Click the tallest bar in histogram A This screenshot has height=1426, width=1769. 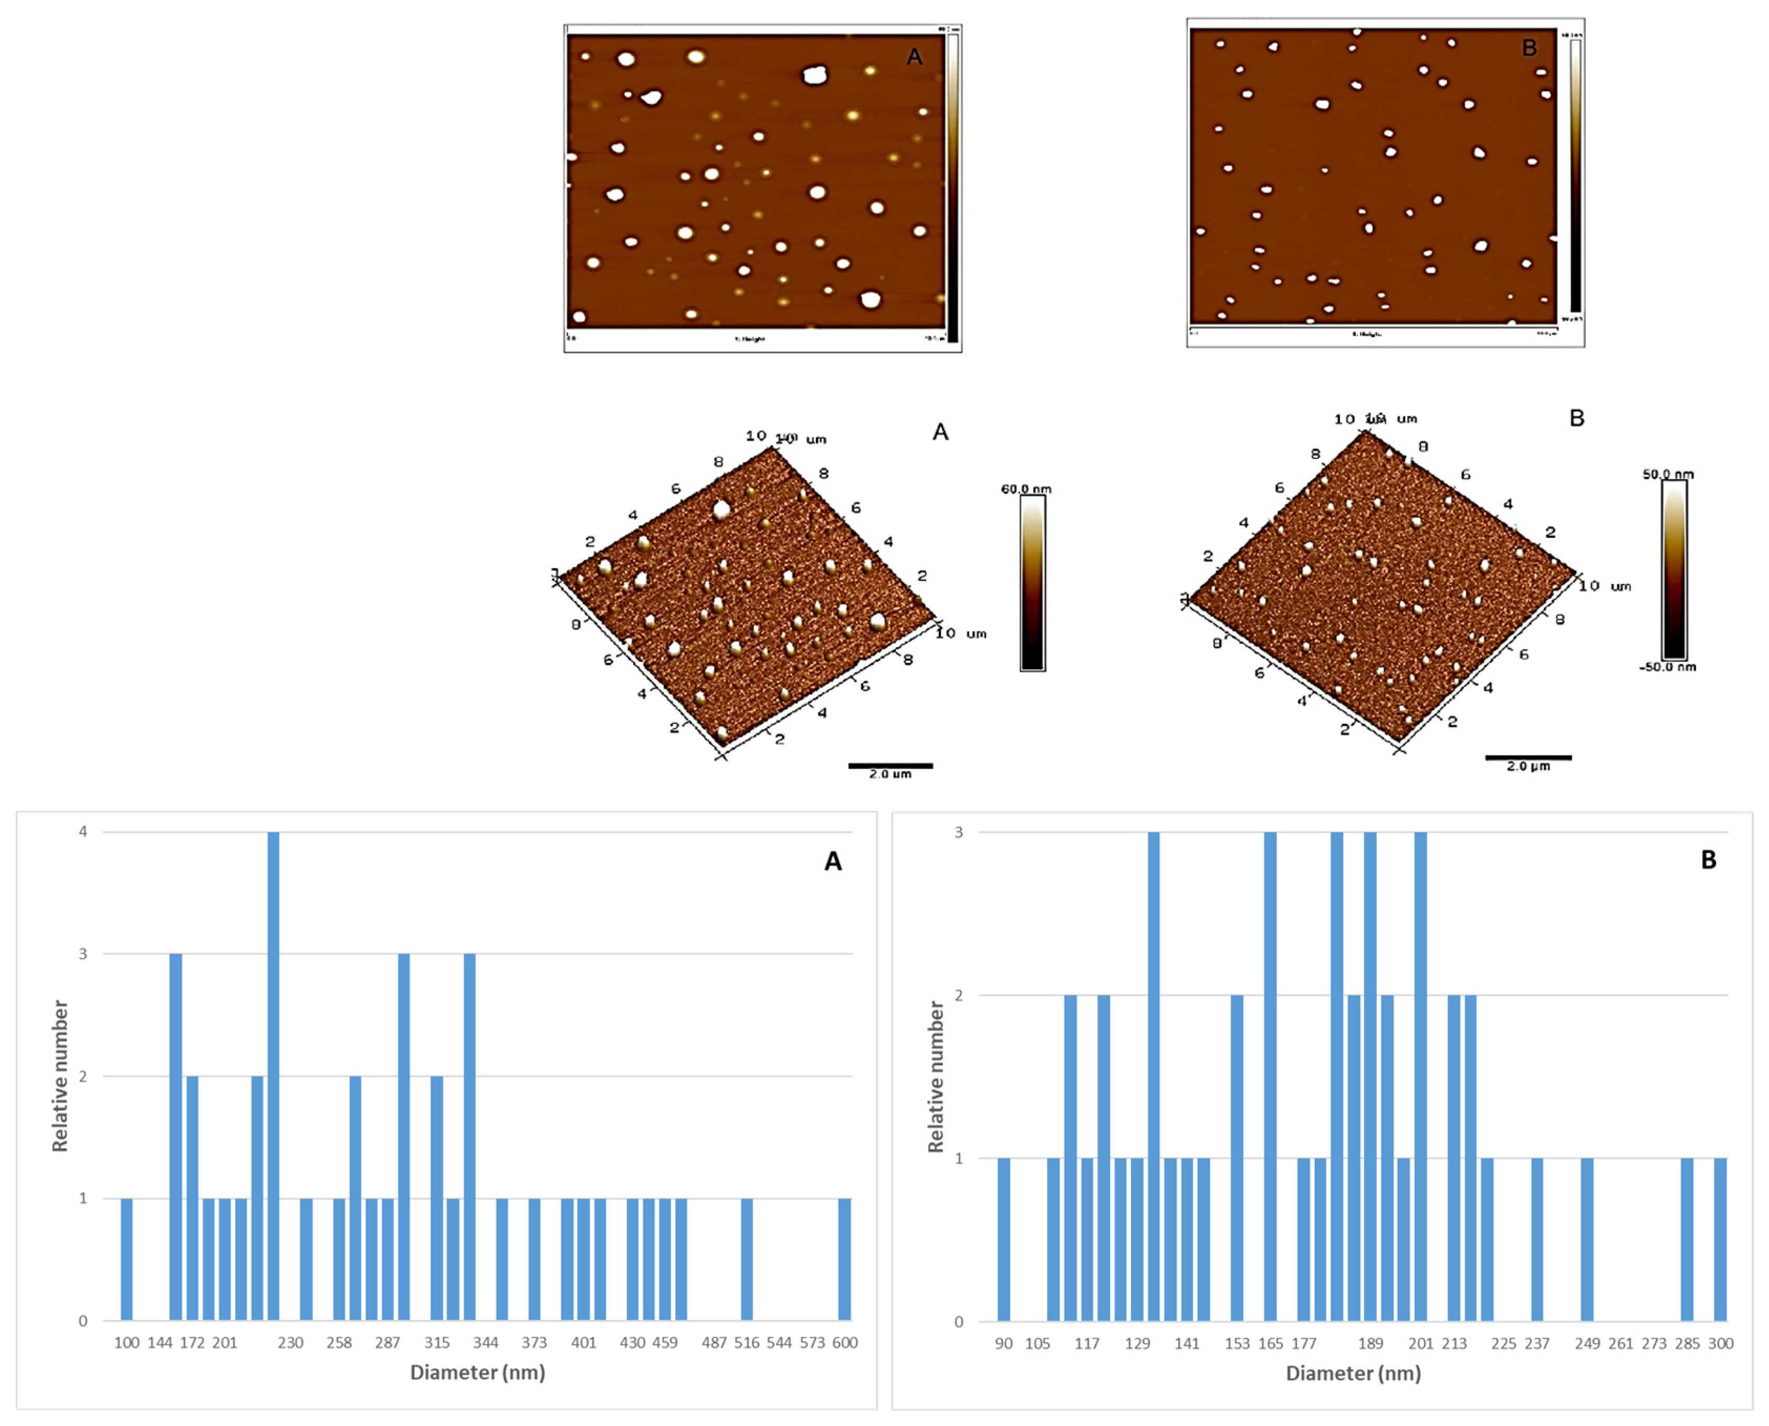pyautogui.click(x=274, y=1076)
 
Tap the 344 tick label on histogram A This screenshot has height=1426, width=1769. pyautogui.click(x=485, y=1342)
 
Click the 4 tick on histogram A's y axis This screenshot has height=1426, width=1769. pyautogui.click(x=83, y=832)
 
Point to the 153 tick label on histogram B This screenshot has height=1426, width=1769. pyautogui.click(x=1237, y=1343)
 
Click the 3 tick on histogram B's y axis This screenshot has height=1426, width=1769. pyautogui.click(x=958, y=832)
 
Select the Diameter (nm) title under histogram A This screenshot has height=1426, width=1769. pyautogui.click(x=477, y=1372)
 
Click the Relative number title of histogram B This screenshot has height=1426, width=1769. pyautogui.click(x=935, y=1076)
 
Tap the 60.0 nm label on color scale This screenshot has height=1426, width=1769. pyautogui.click(x=1026, y=489)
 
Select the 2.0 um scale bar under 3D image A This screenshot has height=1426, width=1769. pyautogui.click(x=890, y=766)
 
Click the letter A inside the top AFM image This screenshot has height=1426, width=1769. pyautogui.click(x=914, y=57)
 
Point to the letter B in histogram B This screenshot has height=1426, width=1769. pyautogui.click(x=1708, y=860)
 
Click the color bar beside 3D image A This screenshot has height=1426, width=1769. pyautogui.click(x=1032, y=583)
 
